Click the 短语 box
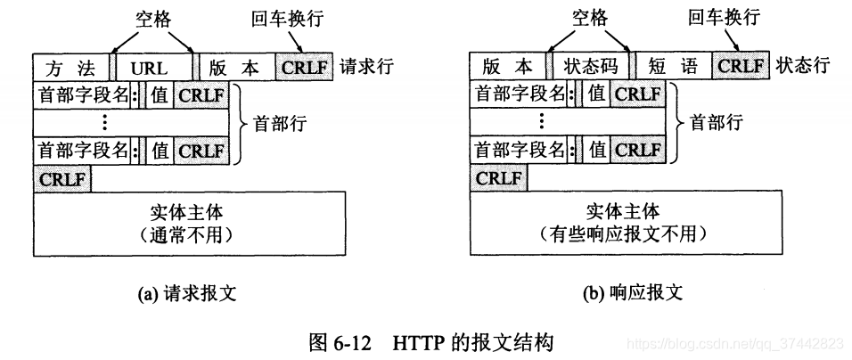(673, 67)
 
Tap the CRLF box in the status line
(741, 67)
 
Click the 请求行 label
(366, 67)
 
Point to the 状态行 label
(803, 67)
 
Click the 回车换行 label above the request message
(284, 18)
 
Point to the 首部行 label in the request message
(279, 122)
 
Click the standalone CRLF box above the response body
(498, 178)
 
